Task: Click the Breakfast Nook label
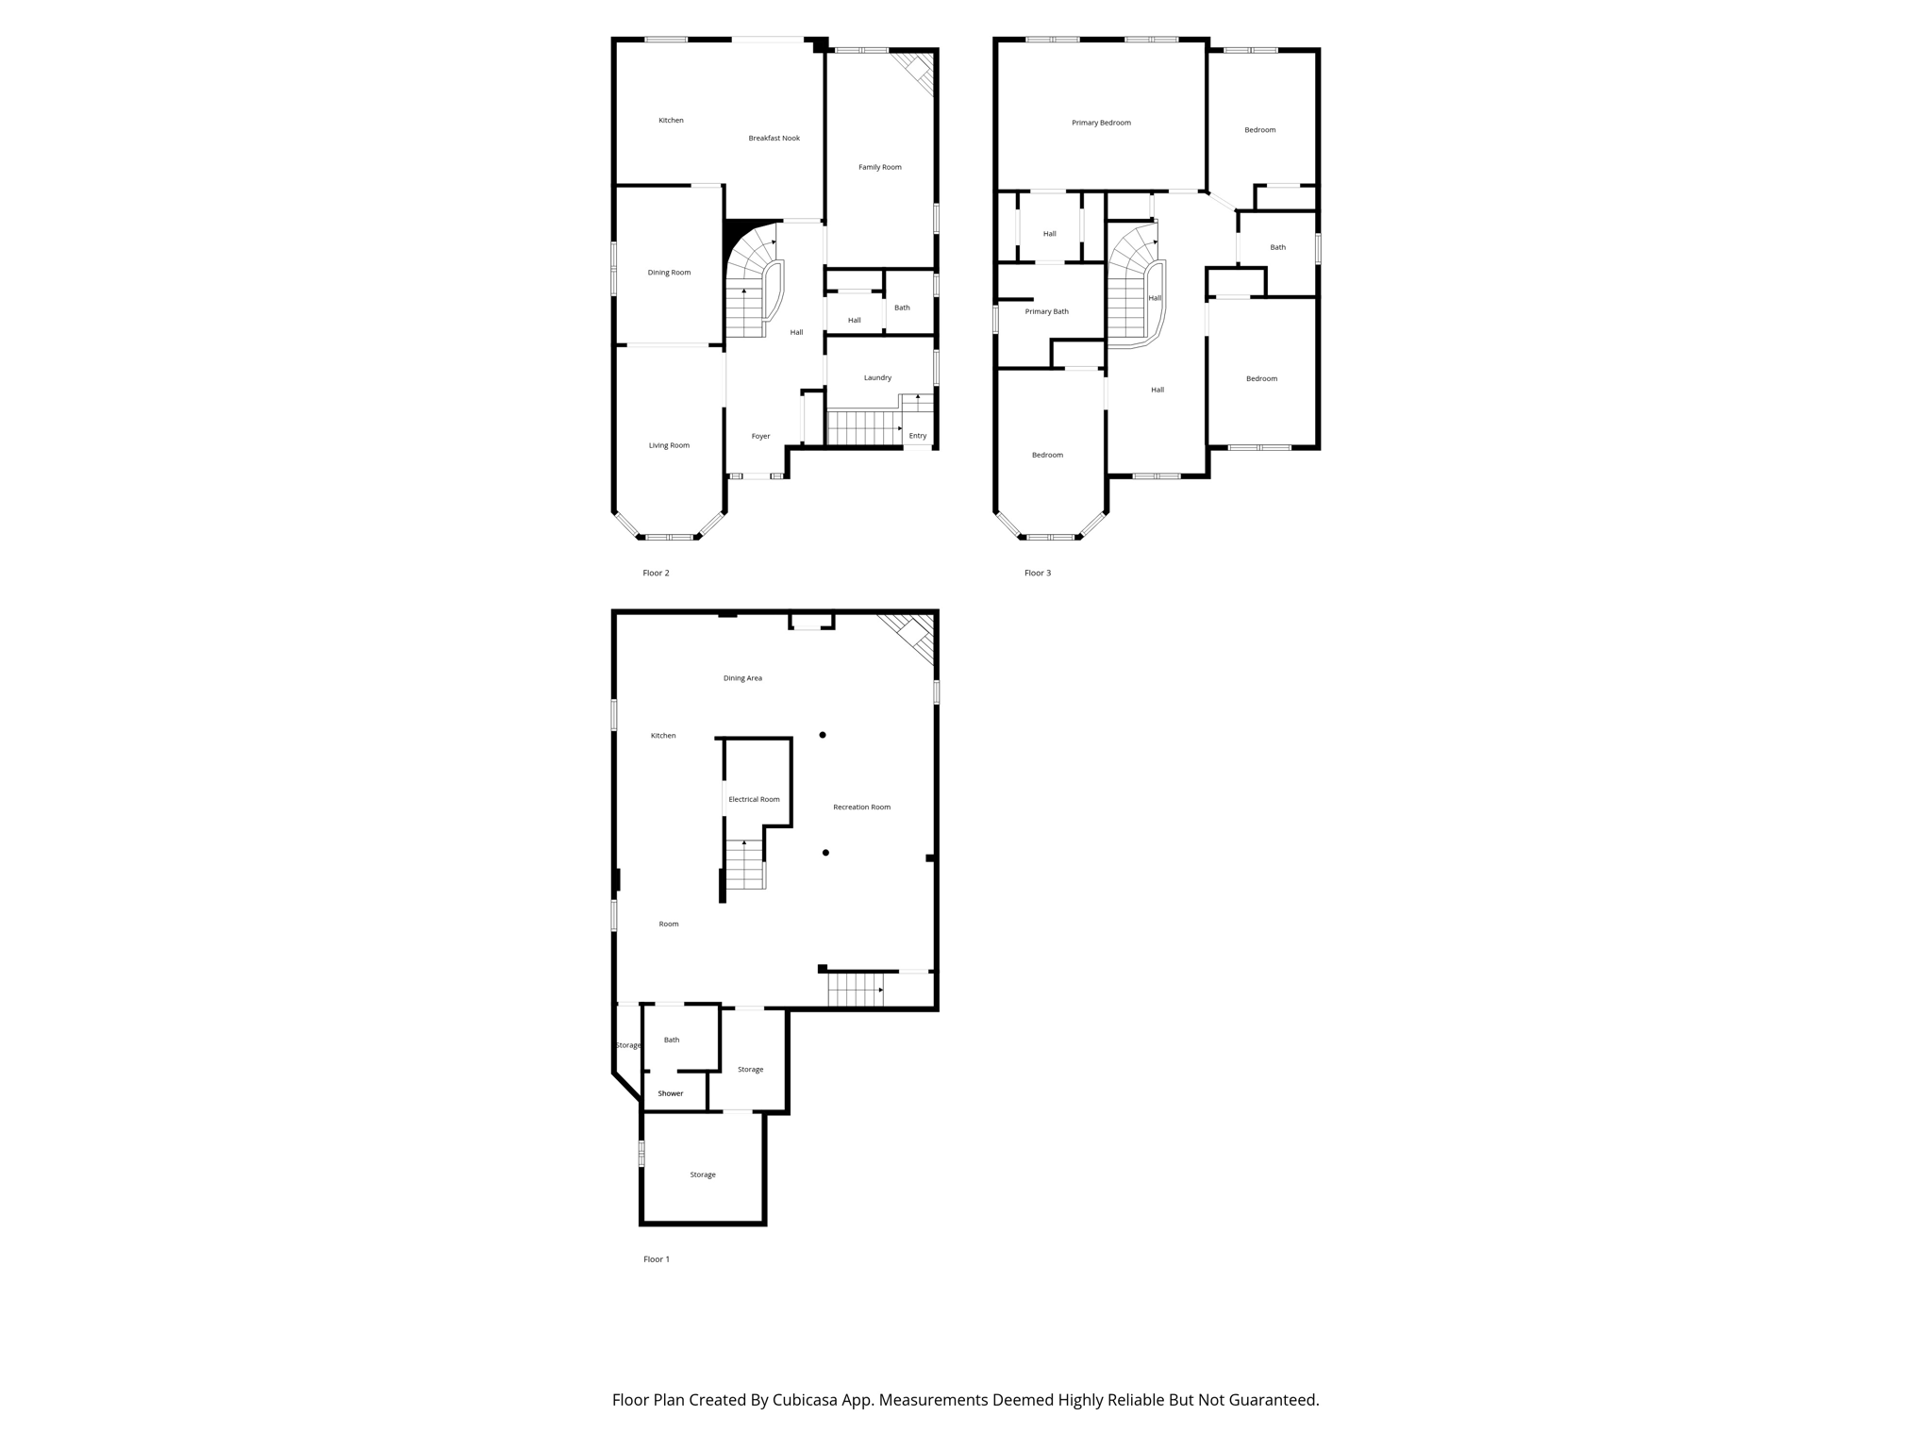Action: (x=774, y=139)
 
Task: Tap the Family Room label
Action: (x=879, y=168)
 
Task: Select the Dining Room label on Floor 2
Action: (x=669, y=273)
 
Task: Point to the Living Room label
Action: (x=669, y=445)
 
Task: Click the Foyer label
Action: (x=760, y=436)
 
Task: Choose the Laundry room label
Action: (x=877, y=378)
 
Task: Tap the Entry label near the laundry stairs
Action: (x=918, y=436)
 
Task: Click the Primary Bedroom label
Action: (x=1101, y=123)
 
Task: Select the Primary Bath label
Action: (x=1046, y=311)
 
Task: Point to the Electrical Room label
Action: (x=754, y=800)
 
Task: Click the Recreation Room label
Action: (x=861, y=808)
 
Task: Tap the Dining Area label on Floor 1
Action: (x=742, y=678)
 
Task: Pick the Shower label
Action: (x=671, y=1093)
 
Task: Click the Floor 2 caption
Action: (x=656, y=574)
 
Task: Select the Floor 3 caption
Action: (x=1038, y=574)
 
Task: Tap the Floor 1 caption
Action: (x=656, y=1259)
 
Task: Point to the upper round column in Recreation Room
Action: (x=823, y=735)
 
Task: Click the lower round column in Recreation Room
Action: (x=825, y=853)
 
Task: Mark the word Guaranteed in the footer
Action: (x=1274, y=1400)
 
